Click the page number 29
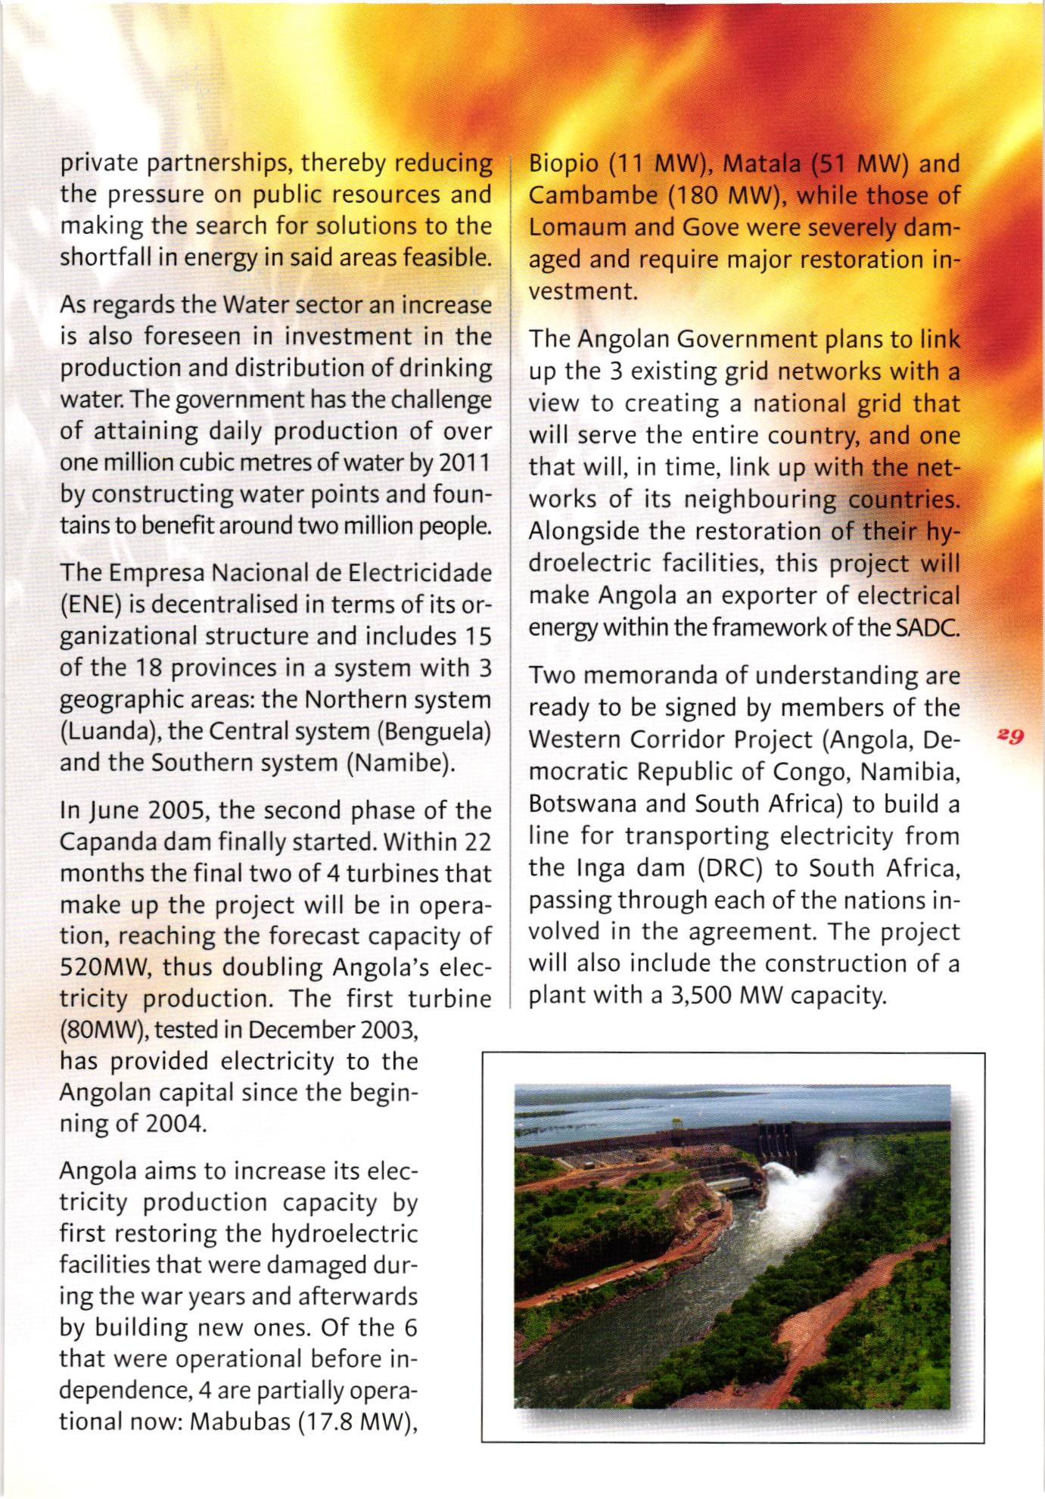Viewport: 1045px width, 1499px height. (x=1010, y=735)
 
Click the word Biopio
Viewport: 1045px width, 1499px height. (x=563, y=163)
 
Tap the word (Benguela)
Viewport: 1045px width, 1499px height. (x=433, y=732)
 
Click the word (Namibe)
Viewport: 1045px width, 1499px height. (x=400, y=763)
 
